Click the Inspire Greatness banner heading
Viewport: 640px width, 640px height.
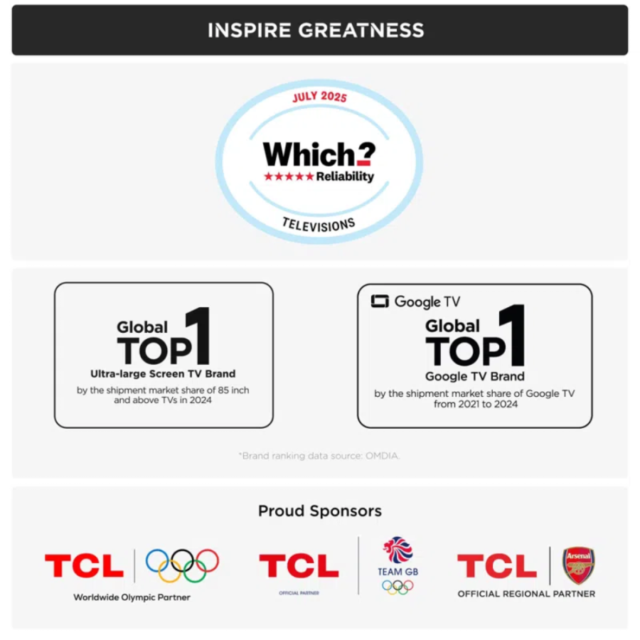click(316, 31)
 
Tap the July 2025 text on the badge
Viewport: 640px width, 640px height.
click(319, 97)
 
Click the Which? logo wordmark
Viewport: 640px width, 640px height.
click(319, 154)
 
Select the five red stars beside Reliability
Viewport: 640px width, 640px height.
click(288, 176)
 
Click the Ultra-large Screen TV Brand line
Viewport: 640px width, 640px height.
click(163, 373)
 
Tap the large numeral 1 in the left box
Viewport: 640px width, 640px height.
click(202, 336)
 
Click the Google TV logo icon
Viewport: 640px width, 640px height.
click(380, 302)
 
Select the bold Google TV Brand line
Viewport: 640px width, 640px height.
click(474, 376)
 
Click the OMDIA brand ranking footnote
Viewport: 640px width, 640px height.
click(319, 456)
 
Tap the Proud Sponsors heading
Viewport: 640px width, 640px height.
click(319, 511)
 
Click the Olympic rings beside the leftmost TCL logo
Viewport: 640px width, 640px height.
click(182, 565)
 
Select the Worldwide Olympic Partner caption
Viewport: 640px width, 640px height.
click(132, 597)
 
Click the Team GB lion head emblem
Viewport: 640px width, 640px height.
click(398, 550)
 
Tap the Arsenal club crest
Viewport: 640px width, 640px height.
click(578, 565)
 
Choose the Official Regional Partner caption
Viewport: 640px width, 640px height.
click(526, 594)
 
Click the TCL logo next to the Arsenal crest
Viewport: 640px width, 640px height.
click(496, 567)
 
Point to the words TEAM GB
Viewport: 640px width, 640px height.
click(398, 572)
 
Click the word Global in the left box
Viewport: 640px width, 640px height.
click(142, 327)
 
